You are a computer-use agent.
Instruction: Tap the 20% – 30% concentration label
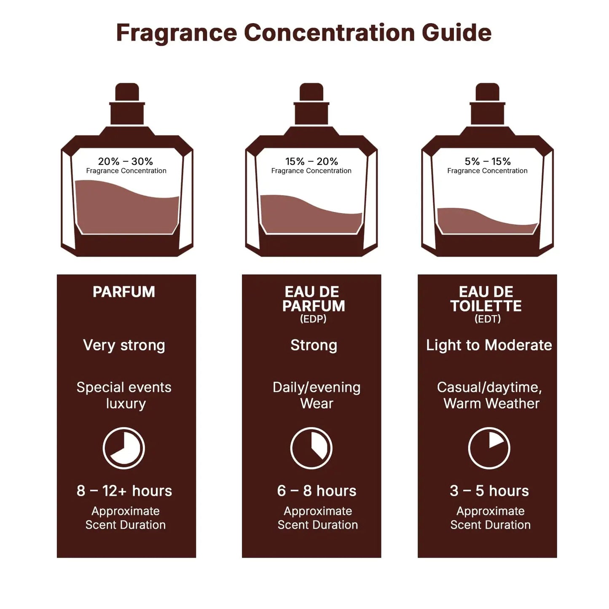tap(126, 161)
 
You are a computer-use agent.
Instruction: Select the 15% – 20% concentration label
tap(311, 161)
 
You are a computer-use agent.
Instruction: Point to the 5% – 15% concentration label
tap(488, 161)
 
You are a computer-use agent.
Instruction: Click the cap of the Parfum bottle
tap(127, 93)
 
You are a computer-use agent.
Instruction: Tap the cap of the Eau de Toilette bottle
tap(487, 93)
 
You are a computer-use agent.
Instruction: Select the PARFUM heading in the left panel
tap(124, 292)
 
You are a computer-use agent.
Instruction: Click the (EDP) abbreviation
tap(313, 319)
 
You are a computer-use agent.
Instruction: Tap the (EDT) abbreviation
tap(488, 319)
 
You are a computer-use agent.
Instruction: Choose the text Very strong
tap(124, 345)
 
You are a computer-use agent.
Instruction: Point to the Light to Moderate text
tap(489, 345)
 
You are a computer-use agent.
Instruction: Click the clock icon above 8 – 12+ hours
tap(124, 448)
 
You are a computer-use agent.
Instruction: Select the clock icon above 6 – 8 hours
tap(311, 448)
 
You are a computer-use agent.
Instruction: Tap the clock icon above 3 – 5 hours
tap(489, 448)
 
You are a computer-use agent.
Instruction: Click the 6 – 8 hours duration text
tap(317, 491)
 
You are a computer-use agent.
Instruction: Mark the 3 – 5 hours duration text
tap(489, 491)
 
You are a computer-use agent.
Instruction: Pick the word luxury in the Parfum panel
tap(126, 404)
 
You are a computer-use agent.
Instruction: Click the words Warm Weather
tap(491, 404)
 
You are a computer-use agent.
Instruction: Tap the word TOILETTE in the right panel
tap(486, 306)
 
